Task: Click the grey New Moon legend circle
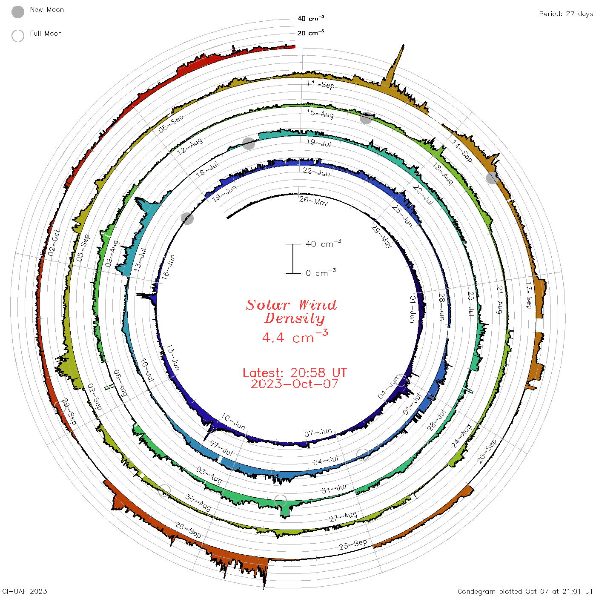(x=17, y=12)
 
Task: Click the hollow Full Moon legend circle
(x=17, y=36)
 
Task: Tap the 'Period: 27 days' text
(x=566, y=14)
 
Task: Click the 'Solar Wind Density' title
(x=291, y=312)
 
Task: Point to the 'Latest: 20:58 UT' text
(x=295, y=372)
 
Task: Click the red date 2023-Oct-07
(x=295, y=384)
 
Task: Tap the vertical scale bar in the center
(x=293, y=258)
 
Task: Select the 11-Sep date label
(x=321, y=84)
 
